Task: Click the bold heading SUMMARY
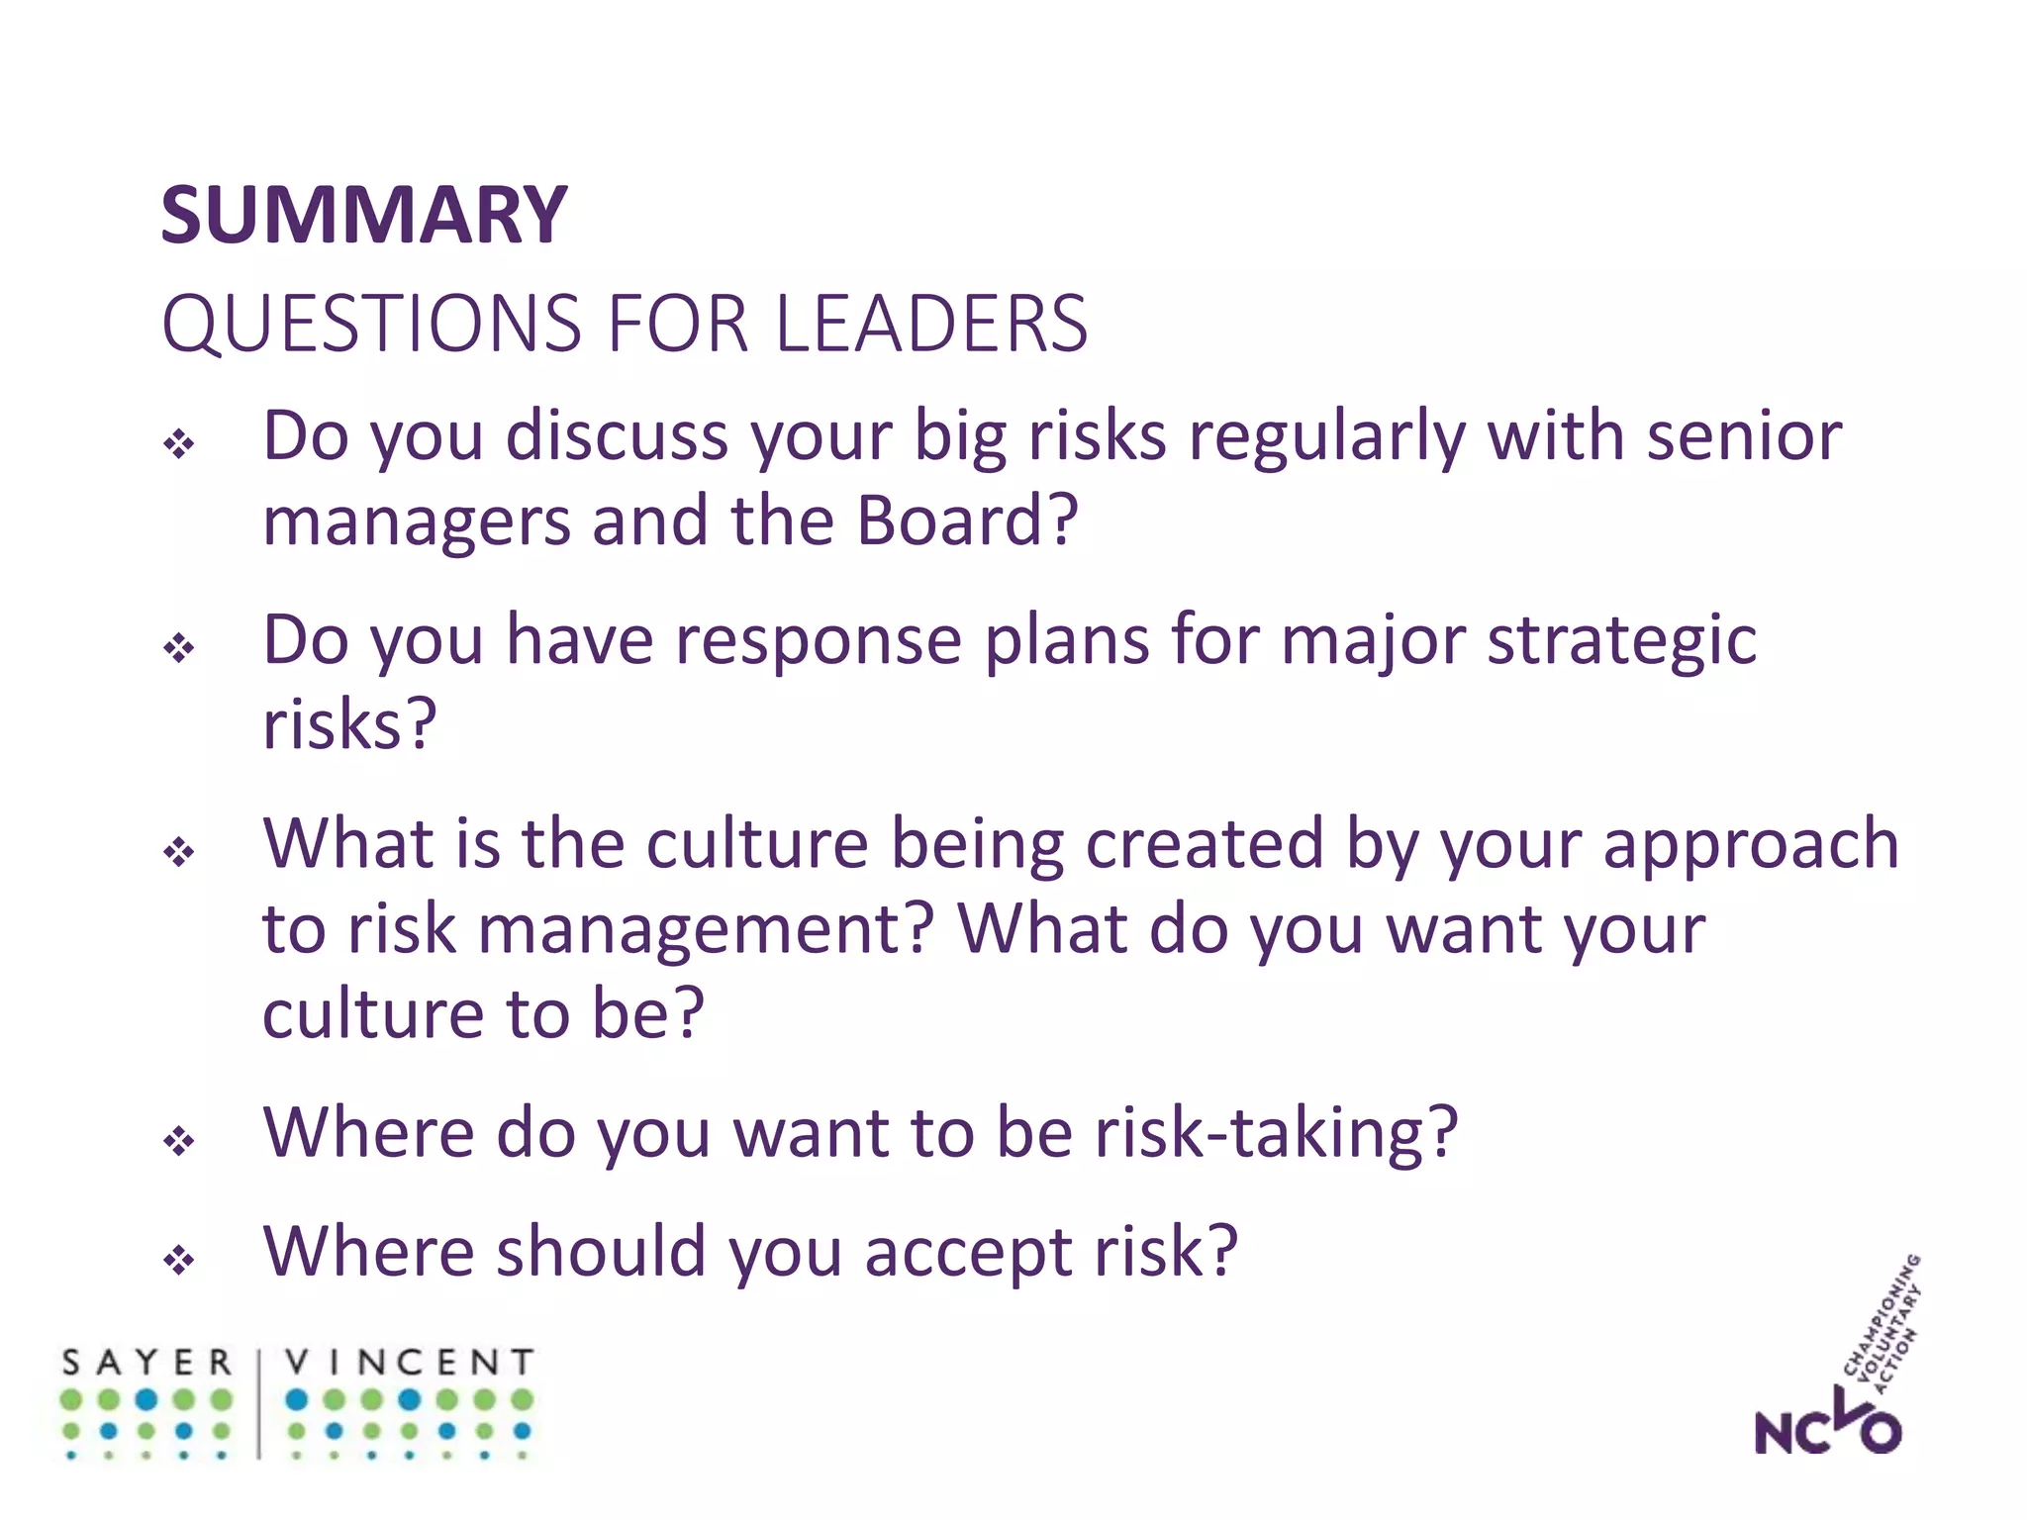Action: (x=363, y=215)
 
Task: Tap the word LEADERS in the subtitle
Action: (x=931, y=324)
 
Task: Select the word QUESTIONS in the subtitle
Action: (x=372, y=326)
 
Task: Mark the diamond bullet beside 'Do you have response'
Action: (x=179, y=648)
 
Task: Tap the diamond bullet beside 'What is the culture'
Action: (x=179, y=851)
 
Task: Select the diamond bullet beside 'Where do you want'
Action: (x=179, y=1141)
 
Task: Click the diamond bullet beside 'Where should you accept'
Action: (x=179, y=1261)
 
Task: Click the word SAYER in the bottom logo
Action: (x=146, y=1363)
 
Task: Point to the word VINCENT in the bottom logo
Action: (x=409, y=1363)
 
